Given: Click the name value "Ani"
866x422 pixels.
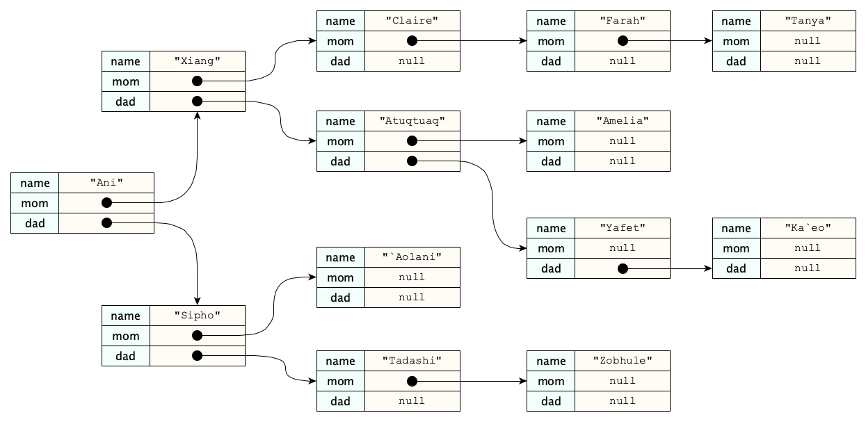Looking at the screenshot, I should [106, 183].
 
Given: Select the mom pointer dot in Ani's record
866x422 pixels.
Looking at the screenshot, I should [106, 203].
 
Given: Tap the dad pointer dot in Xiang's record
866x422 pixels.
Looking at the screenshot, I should [198, 102].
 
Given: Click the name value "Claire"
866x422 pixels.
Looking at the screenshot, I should [412, 21].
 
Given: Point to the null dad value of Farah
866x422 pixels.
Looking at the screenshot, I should [623, 61].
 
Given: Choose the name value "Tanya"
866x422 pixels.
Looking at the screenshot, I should [808, 21].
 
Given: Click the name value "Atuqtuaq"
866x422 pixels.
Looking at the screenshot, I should [412, 121].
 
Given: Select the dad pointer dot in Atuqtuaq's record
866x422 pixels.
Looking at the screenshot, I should [412, 161].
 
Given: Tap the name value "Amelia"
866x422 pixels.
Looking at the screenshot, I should [623, 121].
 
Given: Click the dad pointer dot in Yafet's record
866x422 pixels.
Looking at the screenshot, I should [623, 268].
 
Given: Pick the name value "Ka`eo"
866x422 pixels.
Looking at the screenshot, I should [808, 228].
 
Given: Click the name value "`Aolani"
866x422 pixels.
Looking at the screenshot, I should [412, 257].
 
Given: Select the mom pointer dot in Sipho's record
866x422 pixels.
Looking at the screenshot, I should [198, 336].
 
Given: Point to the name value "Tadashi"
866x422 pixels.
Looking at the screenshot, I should [412, 361].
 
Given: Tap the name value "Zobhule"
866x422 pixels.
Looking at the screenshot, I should [623, 361].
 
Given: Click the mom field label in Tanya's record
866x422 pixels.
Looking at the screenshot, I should [736, 41].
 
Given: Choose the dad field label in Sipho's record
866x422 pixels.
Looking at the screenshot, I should [126, 356].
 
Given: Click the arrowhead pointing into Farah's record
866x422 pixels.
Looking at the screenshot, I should [523, 41].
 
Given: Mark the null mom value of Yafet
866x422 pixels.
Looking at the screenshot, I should [623, 248].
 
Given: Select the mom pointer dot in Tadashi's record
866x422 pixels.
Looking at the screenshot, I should [412, 381].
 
